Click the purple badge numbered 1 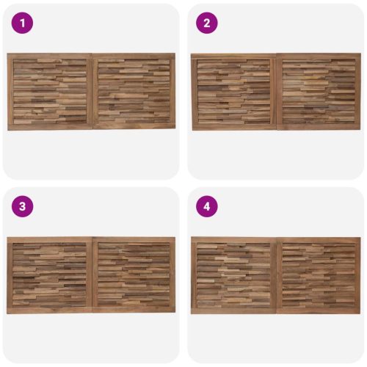(x=22, y=23)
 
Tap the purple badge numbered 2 (x=207, y=23)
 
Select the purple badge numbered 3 (x=22, y=206)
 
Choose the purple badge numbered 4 (x=207, y=206)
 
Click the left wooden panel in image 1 (x=50, y=91)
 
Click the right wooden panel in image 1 (x=134, y=91)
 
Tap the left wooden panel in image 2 (x=233, y=91)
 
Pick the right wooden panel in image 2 (x=319, y=91)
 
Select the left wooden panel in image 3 (x=49, y=275)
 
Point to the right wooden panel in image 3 (x=134, y=275)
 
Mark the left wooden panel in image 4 (x=233, y=275)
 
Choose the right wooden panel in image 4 (x=319, y=275)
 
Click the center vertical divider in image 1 (x=92, y=91)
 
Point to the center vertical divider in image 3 (x=92, y=275)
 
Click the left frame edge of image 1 (x=10, y=92)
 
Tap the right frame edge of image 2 (x=358, y=92)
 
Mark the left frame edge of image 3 (x=10, y=275)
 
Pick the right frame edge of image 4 (x=358, y=275)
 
